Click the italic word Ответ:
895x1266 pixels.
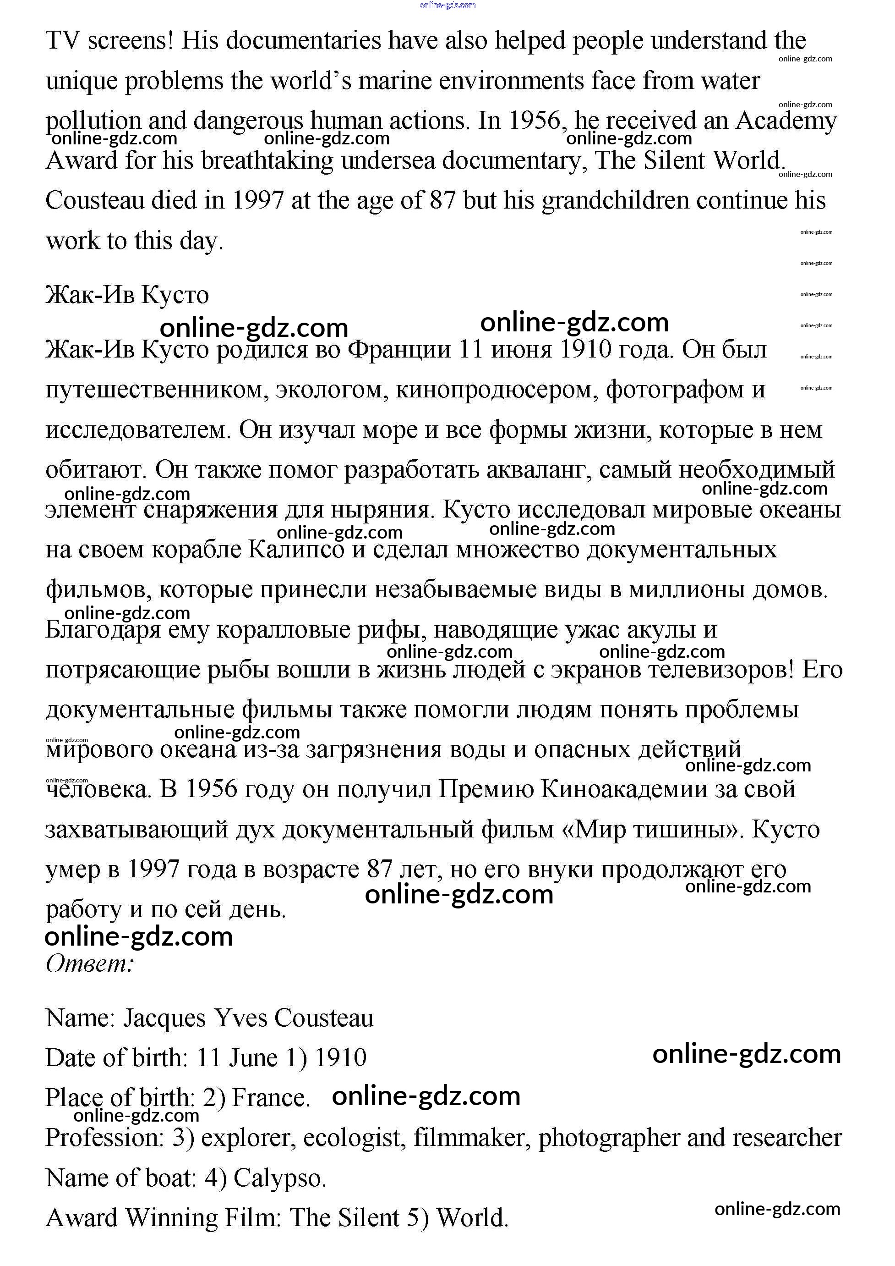[x=90, y=963]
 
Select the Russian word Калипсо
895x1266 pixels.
[x=296, y=550]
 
